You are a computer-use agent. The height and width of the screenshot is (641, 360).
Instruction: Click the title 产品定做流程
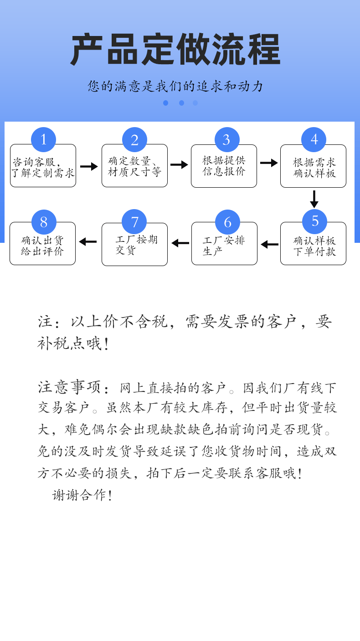pyautogui.click(x=175, y=50)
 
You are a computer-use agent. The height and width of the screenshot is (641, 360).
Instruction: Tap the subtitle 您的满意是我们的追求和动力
pyautogui.click(x=175, y=86)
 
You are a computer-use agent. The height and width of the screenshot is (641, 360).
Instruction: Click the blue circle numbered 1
pyautogui.click(x=43, y=139)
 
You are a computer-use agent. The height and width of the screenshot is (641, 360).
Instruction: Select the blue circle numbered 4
pyautogui.click(x=314, y=139)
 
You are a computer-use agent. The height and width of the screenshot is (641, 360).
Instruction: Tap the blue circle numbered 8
pyautogui.click(x=44, y=222)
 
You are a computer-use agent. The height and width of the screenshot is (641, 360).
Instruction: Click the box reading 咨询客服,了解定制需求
pyautogui.click(x=43, y=168)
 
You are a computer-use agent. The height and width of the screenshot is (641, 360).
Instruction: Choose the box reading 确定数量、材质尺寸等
pyautogui.click(x=134, y=168)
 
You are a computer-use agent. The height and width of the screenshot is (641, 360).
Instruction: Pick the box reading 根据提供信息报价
pyautogui.click(x=224, y=168)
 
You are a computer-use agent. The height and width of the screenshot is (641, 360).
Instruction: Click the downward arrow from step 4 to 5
pyautogui.click(x=314, y=199)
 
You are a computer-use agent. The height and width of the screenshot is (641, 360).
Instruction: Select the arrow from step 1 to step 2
pyautogui.click(x=89, y=166)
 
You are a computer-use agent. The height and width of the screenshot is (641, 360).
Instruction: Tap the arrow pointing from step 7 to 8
pyautogui.click(x=88, y=241)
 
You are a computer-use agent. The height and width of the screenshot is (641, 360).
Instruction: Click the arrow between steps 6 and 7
pyautogui.click(x=180, y=243)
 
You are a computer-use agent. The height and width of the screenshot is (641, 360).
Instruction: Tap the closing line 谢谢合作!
pyautogui.click(x=82, y=495)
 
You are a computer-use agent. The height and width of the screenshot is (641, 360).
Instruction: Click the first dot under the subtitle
pyautogui.click(x=165, y=103)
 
